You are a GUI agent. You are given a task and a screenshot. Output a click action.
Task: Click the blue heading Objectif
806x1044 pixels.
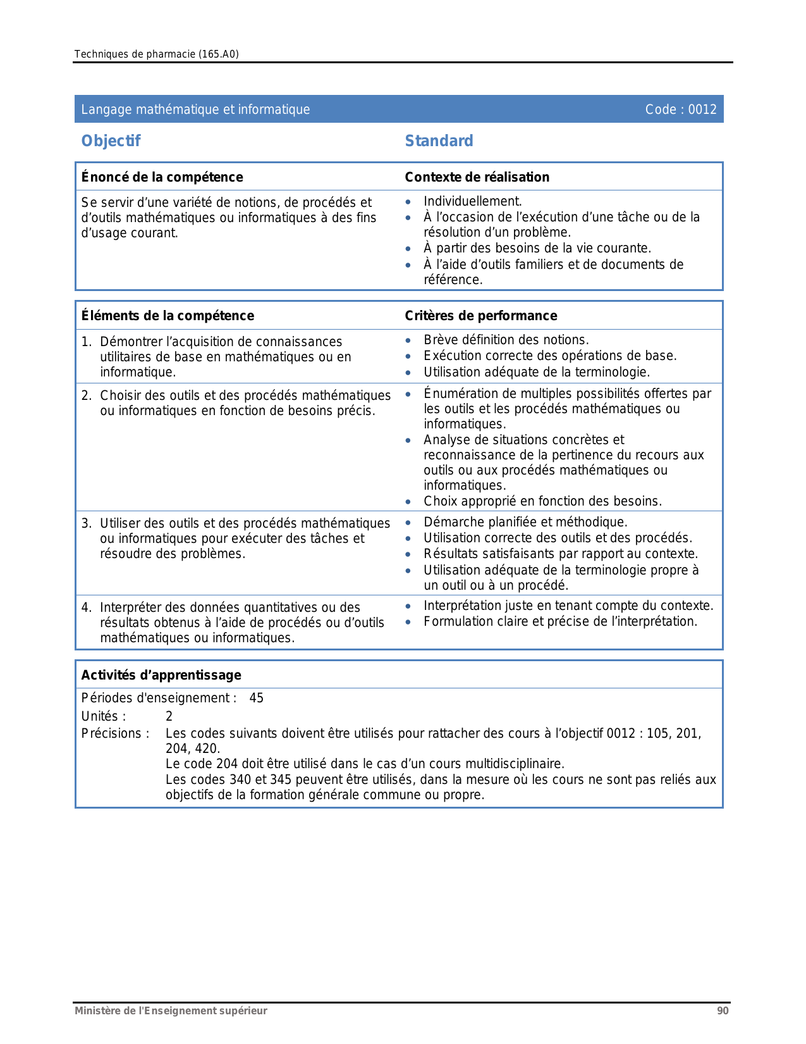111,141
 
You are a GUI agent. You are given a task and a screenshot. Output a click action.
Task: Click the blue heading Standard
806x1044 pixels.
439,141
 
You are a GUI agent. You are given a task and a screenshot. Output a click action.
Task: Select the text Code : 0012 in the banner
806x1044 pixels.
680,109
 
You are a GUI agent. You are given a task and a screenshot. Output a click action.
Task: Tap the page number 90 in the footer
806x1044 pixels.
723,1010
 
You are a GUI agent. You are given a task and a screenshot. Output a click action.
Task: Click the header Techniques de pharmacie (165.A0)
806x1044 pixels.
156,54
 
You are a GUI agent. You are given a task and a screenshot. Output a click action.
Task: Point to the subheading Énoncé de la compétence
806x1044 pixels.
162,177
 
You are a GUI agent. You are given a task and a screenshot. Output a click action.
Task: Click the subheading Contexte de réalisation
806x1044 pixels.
477,177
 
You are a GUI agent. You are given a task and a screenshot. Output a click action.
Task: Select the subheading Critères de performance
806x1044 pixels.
480,316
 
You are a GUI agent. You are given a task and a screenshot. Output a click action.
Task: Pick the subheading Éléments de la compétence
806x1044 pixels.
168,316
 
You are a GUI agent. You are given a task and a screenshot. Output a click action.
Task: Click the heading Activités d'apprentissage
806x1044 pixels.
161,675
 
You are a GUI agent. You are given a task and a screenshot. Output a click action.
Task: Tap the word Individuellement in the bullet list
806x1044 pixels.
472,201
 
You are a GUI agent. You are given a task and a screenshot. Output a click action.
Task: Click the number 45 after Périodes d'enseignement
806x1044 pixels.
256,698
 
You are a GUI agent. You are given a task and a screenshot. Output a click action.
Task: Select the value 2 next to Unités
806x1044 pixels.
169,716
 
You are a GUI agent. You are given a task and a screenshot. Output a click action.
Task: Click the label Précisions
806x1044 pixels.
115,733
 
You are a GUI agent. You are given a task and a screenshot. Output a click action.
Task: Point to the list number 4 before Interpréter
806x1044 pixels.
85,607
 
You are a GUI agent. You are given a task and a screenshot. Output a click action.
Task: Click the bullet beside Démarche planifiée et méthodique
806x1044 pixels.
408,523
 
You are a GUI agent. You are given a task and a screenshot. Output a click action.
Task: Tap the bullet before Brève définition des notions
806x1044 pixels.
408,340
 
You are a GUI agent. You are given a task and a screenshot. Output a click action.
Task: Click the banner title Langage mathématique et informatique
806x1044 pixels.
195,109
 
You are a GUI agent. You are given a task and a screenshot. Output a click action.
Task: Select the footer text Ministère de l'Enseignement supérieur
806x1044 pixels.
171,1010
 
